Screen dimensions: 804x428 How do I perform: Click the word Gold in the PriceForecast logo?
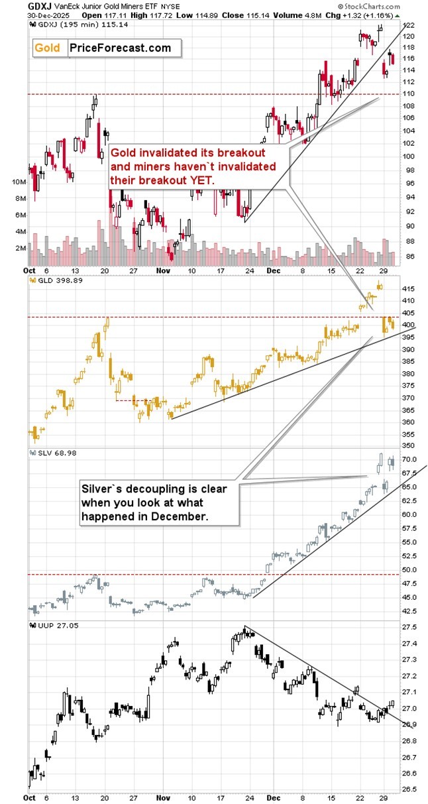[48, 48]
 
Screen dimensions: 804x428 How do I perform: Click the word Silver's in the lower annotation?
[100, 489]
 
